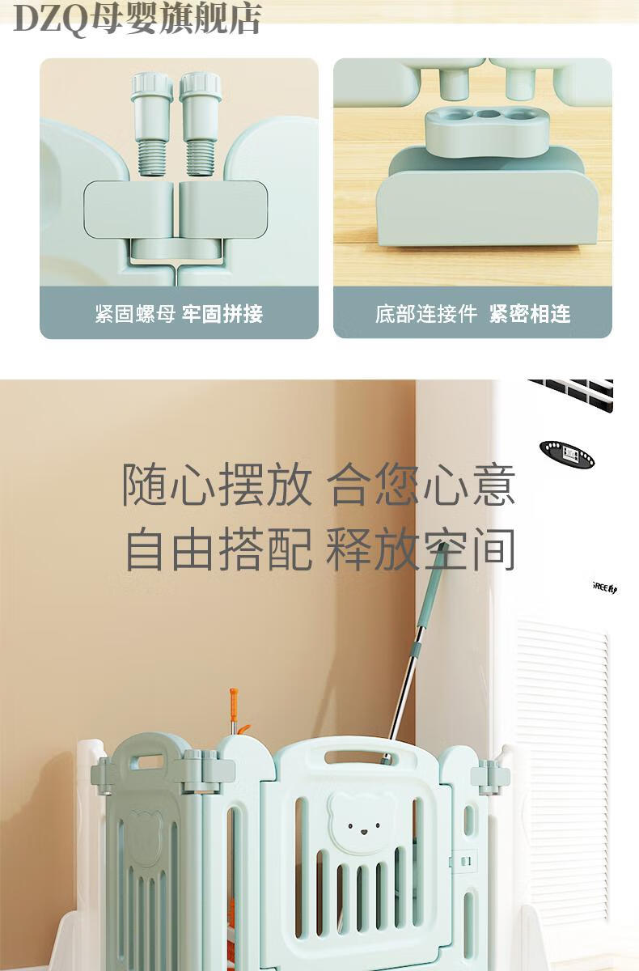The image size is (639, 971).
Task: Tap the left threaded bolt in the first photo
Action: pos(152,124)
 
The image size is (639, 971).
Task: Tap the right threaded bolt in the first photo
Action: pos(201,124)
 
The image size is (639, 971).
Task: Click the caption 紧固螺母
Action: pos(135,314)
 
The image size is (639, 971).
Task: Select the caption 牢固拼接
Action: pos(222,314)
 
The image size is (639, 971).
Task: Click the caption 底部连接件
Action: pos(426,314)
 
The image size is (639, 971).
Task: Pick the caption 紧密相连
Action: pos(530,314)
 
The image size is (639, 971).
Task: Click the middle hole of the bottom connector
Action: pos(488,114)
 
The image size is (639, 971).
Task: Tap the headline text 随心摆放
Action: pos(217,484)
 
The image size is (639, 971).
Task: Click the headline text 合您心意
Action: pos(421,484)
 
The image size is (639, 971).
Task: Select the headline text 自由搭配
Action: pos(218,549)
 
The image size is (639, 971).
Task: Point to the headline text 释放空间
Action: pos(421,549)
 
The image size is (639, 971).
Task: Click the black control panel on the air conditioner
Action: pos(567,454)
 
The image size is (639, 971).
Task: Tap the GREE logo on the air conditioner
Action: pos(605,587)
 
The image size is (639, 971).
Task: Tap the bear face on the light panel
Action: pos(361,823)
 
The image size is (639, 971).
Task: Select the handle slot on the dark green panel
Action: pos(147,762)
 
